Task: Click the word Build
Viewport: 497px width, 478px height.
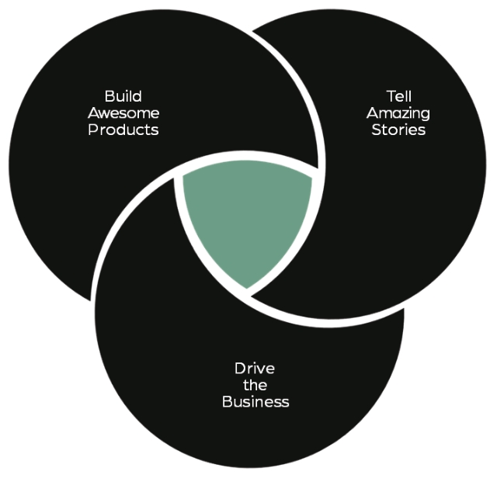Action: (123, 96)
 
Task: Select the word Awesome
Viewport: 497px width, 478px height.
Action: (123, 113)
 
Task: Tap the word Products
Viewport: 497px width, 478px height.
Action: (123, 130)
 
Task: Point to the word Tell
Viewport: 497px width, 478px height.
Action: (398, 96)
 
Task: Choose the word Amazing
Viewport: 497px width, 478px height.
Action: (398, 113)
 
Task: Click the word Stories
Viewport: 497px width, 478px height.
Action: (398, 130)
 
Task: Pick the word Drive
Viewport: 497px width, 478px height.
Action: (255, 369)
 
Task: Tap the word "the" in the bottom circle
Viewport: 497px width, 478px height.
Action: (255, 385)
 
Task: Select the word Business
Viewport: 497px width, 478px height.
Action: (255, 402)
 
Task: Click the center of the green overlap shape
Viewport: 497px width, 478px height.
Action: (247, 216)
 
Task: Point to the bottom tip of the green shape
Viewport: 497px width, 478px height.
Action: (247, 289)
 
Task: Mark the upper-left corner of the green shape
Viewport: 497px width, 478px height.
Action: (183, 175)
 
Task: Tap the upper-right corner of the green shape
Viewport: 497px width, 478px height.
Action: (311, 178)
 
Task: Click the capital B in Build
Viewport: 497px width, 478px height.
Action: (109, 96)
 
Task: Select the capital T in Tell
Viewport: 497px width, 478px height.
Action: (391, 96)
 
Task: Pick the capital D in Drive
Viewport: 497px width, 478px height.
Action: (240, 369)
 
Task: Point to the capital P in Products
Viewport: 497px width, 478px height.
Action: (93, 130)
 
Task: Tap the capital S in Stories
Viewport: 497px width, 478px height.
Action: (376, 130)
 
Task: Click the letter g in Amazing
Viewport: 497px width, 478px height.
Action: (426, 115)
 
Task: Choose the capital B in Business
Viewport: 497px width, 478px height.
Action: (228, 402)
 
